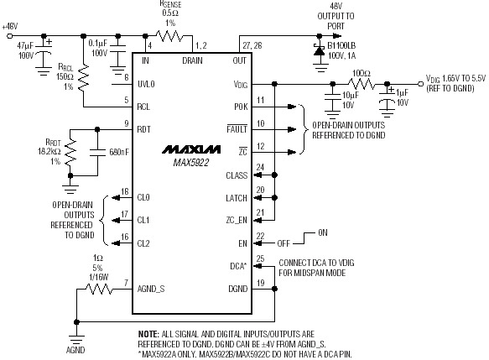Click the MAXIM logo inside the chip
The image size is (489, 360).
click(x=191, y=149)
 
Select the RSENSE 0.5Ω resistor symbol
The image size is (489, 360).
click(x=169, y=36)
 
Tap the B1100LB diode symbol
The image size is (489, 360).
click(x=319, y=50)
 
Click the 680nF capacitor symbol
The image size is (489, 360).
click(x=97, y=152)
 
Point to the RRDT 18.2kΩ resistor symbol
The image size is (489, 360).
click(x=70, y=152)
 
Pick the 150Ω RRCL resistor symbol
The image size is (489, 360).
click(x=83, y=79)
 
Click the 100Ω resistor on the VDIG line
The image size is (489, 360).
click(x=362, y=84)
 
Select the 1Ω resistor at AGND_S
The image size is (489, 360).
click(x=99, y=289)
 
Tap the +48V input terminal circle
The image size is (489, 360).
click(x=10, y=36)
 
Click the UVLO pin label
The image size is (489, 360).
click(x=146, y=84)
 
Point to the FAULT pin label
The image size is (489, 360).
click(x=237, y=129)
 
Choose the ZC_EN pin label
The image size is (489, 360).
click(x=237, y=220)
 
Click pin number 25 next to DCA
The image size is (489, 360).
click(x=260, y=258)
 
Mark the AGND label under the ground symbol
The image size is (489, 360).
click(x=75, y=350)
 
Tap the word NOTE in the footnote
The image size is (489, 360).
click(x=148, y=334)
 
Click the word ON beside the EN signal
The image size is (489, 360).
click(x=323, y=232)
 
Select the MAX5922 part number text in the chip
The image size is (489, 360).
click(x=191, y=163)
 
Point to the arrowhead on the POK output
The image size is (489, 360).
click(x=292, y=107)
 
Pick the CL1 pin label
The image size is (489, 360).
click(x=143, y=220)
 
